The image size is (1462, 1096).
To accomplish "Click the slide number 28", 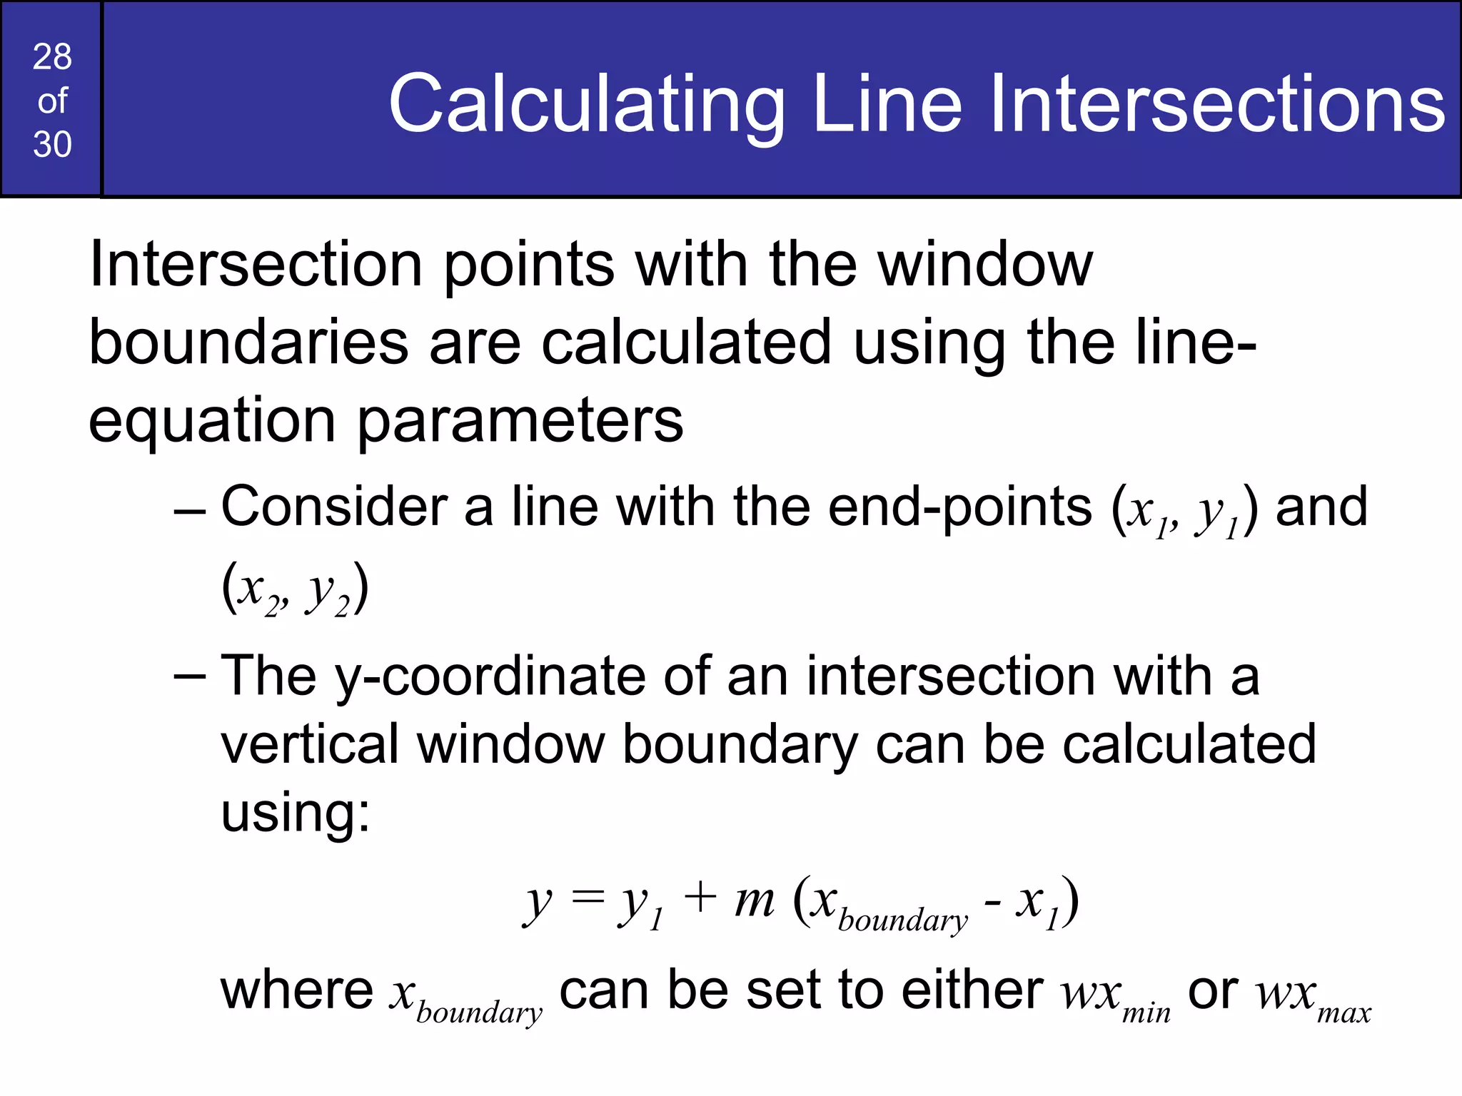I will [52, 57].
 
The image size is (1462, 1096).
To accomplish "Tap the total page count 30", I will [52, 145].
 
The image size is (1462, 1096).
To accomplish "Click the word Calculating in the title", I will [586, 106].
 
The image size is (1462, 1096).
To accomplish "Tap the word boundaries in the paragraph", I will [248, 342].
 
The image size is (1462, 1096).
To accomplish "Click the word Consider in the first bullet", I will [333, 507].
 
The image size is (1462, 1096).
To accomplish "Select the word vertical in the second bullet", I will [310, 744].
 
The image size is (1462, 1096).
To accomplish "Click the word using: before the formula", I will [296, 814].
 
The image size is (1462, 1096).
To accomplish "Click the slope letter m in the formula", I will [754, 900].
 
